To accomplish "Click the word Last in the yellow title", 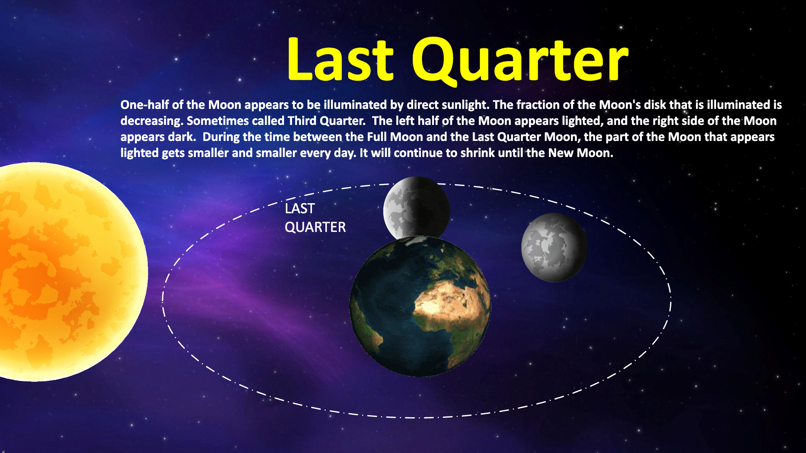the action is [340, 60].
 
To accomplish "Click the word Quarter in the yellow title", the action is [521, 61].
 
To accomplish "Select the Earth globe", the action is [420, 306].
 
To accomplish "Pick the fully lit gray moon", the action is [554, 247].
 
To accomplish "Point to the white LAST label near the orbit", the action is [300, 208].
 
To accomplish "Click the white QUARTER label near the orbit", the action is [315, 227].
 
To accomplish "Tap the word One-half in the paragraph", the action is [144, 105].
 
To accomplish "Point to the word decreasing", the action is [151, 121].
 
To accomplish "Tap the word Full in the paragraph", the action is [377, 137].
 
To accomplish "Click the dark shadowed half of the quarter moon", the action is [433, 207].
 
